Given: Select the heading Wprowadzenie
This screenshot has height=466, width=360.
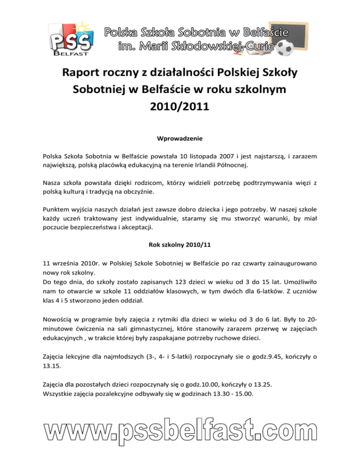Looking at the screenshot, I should pyautogui.click(x=180, y=139).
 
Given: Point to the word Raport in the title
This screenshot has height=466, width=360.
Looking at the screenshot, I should pyautogui.click(x=86, y=74).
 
